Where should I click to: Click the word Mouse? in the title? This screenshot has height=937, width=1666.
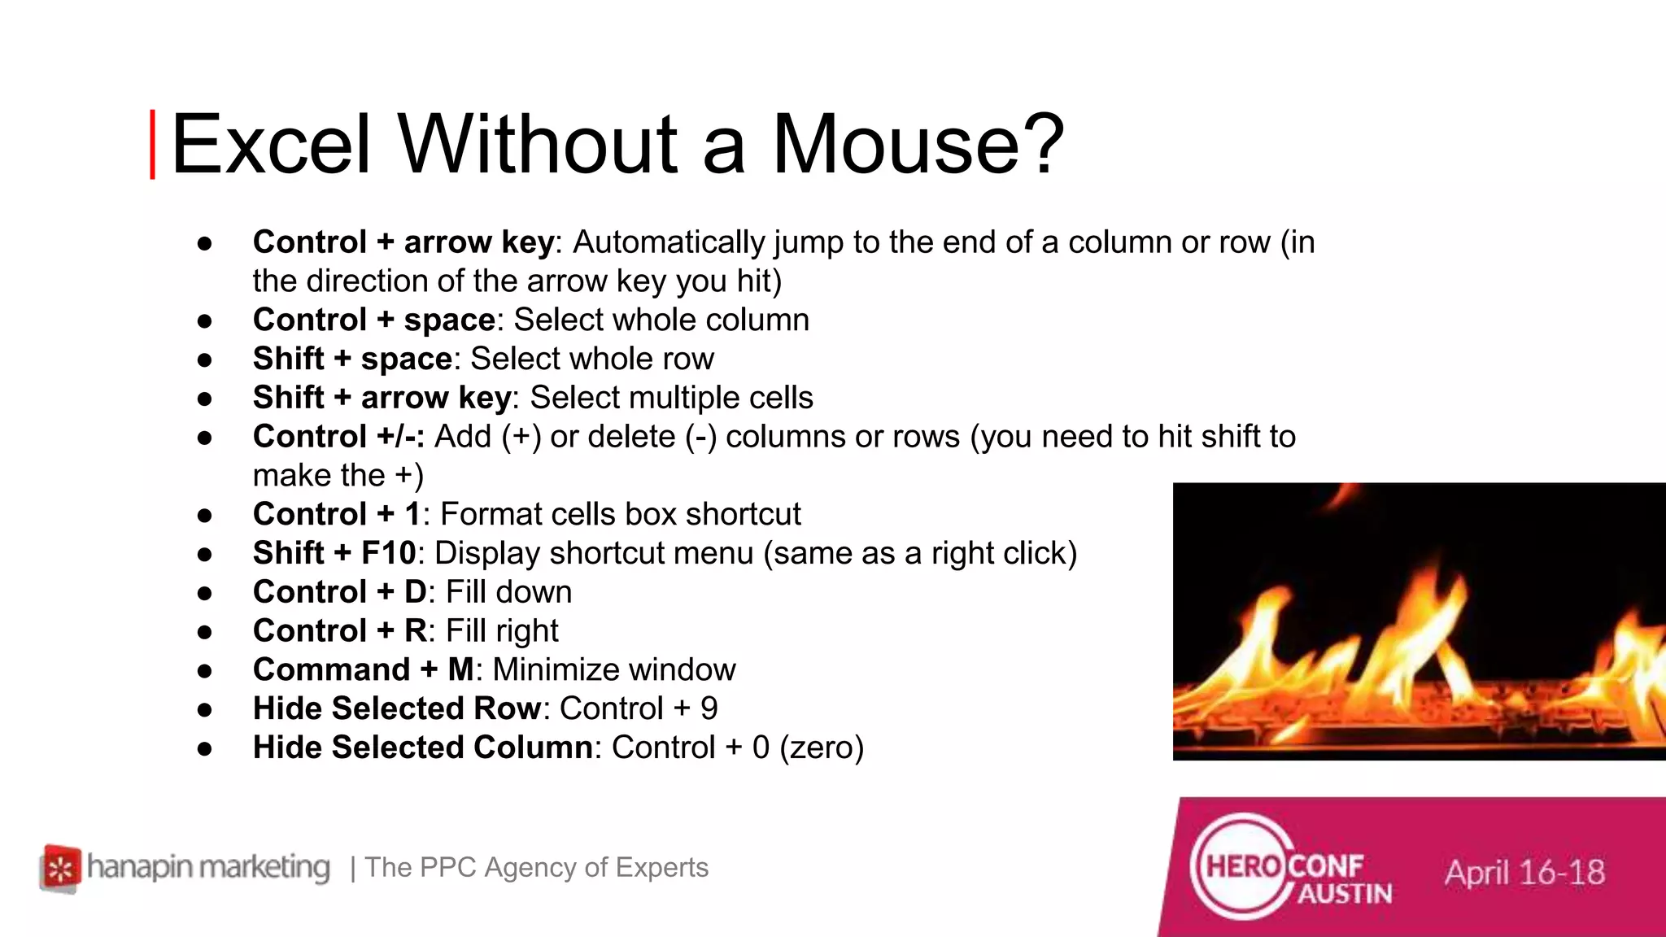pos(918,145)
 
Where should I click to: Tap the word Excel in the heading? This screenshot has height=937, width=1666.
pos(271,145)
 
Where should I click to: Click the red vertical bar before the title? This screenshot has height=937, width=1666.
pos(152,145)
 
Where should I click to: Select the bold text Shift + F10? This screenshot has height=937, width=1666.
pos(334,553)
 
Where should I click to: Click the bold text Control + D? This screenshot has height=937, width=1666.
pos(339,592)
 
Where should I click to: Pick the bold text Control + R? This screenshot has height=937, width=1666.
pos(339,631)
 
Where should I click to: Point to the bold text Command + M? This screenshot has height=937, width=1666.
pos(364,670)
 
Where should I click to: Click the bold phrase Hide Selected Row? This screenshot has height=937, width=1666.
pos(396,708)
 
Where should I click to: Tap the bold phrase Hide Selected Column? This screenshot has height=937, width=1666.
pos(422,747)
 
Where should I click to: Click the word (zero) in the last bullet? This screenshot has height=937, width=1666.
pos(822,747)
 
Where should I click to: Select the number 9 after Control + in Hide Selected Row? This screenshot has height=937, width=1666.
pos(709,708)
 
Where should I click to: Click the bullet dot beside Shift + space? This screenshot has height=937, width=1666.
pos(205,360)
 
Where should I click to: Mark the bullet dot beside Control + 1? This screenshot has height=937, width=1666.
pos(205,515)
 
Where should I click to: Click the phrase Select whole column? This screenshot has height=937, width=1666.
pos(661,320)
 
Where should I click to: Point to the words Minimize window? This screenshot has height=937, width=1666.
pos(614,670)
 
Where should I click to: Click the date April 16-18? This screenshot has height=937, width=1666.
pos(1524,873)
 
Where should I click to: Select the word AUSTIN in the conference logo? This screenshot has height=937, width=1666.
pos(1344,894)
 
